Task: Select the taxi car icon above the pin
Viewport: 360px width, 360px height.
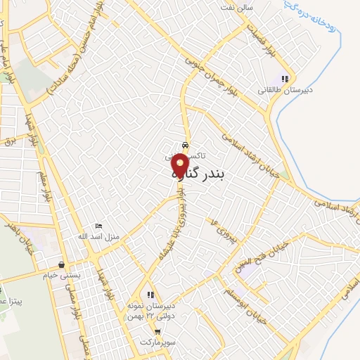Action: click(x=185, y=146)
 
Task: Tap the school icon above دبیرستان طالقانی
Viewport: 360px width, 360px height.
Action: click(x=285, y=79)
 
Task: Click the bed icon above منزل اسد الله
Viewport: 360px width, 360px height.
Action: click(x=98, y=226)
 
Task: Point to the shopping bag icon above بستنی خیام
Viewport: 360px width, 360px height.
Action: click(x=63, y=265)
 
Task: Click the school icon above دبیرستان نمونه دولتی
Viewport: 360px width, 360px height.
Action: click(x=150, y=295)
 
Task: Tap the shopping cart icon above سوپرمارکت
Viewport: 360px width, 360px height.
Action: click(x=158, y=331)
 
